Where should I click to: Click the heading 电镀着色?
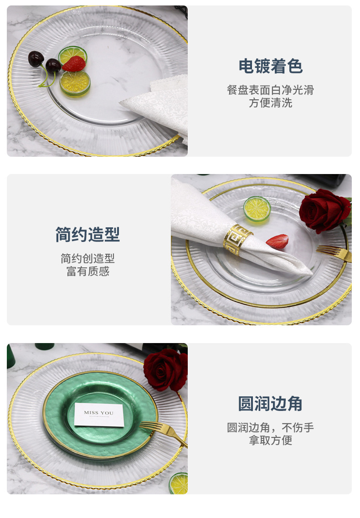(x=270, y=66)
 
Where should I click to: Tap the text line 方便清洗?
(x=270, y=103)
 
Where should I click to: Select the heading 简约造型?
(x=87, y=235)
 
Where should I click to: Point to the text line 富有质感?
(x=87, y=271)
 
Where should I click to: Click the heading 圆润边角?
(x=270, y=403)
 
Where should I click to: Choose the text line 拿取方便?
(x=270, y=440)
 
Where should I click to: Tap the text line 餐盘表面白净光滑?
(x=270, y=90)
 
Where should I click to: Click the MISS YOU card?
(x=99, y=415)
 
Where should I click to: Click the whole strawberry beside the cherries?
(x=74, y=64)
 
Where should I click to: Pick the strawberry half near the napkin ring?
(x=278, y=241)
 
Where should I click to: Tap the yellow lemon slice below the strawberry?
(x=75, y=83)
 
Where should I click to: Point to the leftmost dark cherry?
(x=36, y=59)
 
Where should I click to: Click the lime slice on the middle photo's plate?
(x=257, y=209)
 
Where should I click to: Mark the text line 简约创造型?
(x=87, y=258)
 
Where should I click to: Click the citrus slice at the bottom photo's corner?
(x=179, y=483)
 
